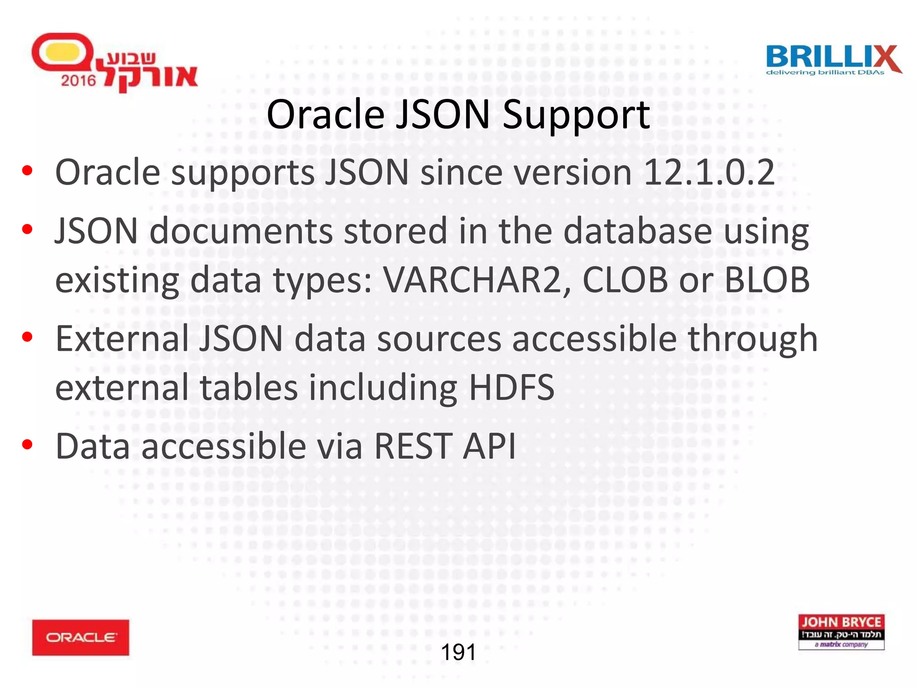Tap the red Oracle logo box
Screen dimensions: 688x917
coord(81,637)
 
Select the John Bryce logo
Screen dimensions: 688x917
coord(841,632)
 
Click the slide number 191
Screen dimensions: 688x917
coord(458,652)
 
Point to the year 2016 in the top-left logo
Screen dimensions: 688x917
coord(78,81)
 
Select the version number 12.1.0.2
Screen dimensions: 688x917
coord(708,172)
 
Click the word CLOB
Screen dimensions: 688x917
coord(625,280)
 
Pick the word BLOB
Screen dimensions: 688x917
coord(767,280)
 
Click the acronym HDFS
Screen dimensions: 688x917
coord(511,388)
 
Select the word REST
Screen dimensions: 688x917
coord(413,446)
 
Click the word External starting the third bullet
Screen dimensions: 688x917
coord(122,339)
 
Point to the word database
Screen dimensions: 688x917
coord(638,231)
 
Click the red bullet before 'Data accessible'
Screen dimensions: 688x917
coord(27,444)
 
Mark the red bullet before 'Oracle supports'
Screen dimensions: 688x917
coord(27,171)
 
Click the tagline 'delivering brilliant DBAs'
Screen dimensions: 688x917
coord(825,73)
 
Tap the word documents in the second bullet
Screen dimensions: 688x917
coord(241,231)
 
